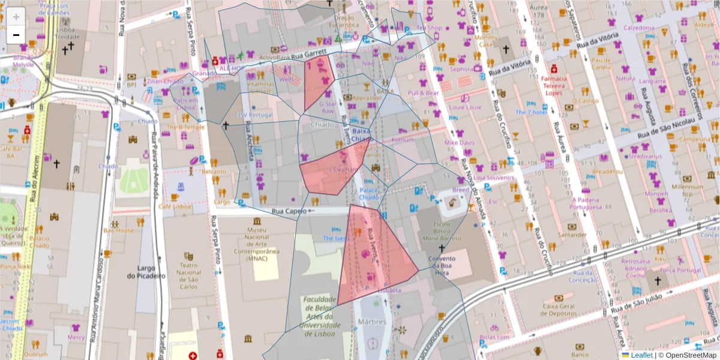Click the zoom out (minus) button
coord(16,35)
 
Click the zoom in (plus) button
coord(16,17)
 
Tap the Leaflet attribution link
coord(641,355)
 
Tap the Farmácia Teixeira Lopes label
coord(554,86)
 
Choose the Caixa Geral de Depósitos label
coord(559,310)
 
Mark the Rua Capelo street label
coord(286,211)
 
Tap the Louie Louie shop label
coord(466,107)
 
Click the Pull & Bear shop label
coord(424,93)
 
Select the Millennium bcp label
coord(687,190)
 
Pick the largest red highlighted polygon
coord(373,255)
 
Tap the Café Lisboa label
coord(175,206)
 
